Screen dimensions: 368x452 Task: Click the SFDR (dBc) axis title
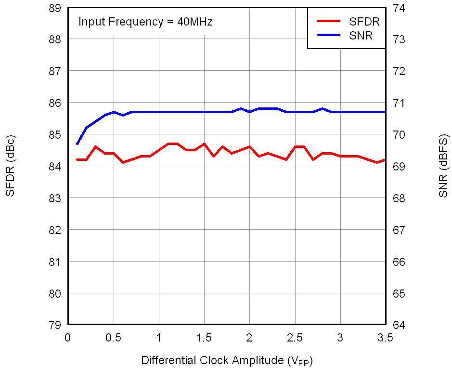coord(11,167)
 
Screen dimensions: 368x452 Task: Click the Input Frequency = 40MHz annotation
coord(145,22)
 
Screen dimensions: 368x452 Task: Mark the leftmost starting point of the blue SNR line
coord(77,144)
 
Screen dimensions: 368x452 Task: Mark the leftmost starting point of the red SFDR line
coord(77,159)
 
